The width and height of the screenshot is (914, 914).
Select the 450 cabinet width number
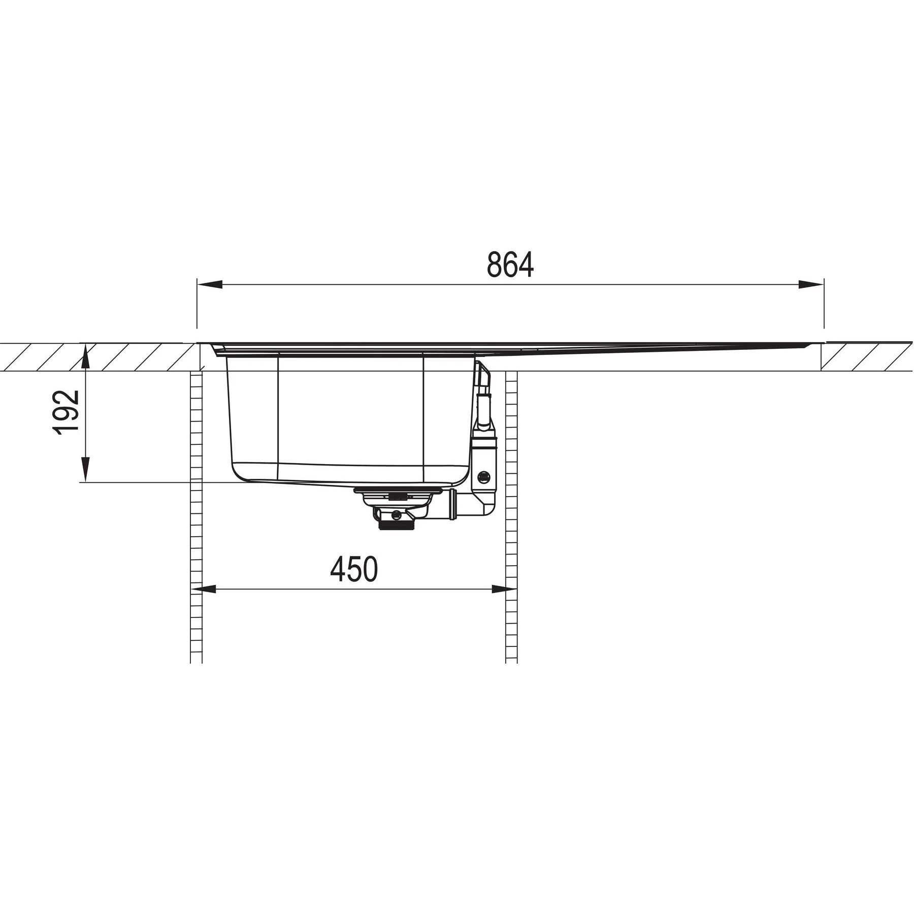coord(354,569)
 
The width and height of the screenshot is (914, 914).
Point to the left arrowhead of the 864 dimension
coord(210,284)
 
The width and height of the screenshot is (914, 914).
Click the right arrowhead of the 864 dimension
coord(811,284)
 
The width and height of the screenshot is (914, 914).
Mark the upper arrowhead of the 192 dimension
coord(86,357)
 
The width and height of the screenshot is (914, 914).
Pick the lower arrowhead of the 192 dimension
coord(86,469)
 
